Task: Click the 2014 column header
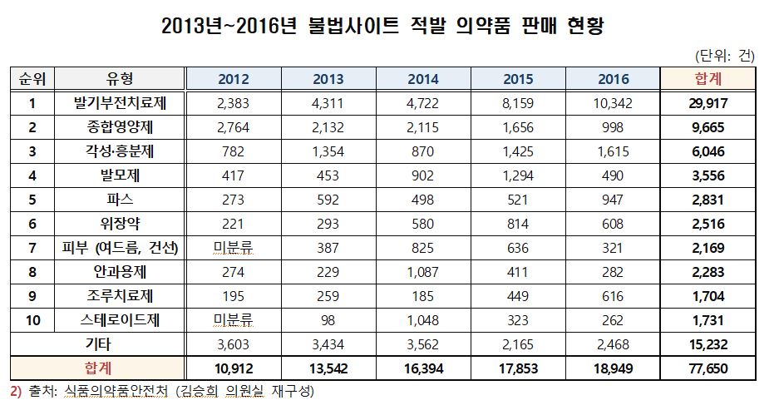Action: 424,80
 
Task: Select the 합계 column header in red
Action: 708,80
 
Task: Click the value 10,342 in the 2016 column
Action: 614,104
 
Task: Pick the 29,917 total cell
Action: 708,104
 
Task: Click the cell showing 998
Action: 614,128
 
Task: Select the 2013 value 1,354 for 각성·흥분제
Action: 328,152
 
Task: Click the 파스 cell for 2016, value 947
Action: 614,200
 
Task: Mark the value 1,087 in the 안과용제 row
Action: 424,273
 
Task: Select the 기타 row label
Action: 97,344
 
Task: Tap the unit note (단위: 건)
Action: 724,56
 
